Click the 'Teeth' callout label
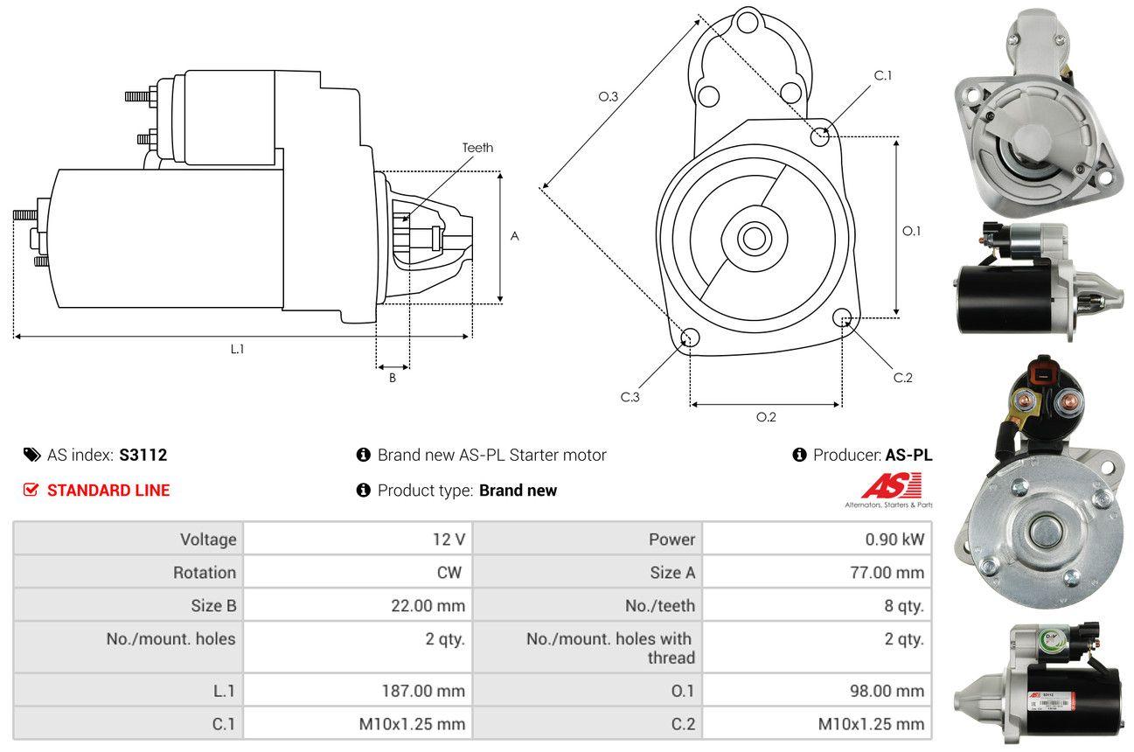pos(477,148)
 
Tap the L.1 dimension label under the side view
pos(237,349)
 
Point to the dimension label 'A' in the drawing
pos(515,236)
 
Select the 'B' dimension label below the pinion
pos(393,378)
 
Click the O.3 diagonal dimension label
pos(609,97)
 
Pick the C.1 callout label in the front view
pos(883,75)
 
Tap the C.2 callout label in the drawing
pos(903,378)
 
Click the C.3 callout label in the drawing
pos(630,397)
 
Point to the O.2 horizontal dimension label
pos(766,417)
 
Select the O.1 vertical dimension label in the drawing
pos(912,231)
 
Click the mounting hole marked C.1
pos(820,136)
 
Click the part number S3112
pos(143,455)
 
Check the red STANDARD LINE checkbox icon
pos(31,490)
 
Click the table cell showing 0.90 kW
pos(894,540)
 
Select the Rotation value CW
pos(449,573)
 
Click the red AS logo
pos(891,485)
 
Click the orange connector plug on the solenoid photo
pos(1042,372)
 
